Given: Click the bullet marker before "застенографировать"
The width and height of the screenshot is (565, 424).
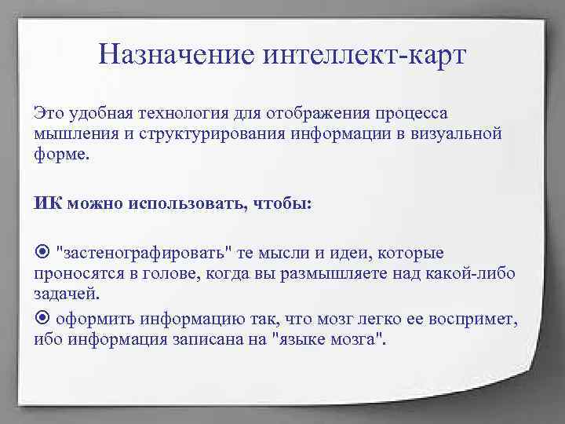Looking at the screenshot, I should coord(41,253).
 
